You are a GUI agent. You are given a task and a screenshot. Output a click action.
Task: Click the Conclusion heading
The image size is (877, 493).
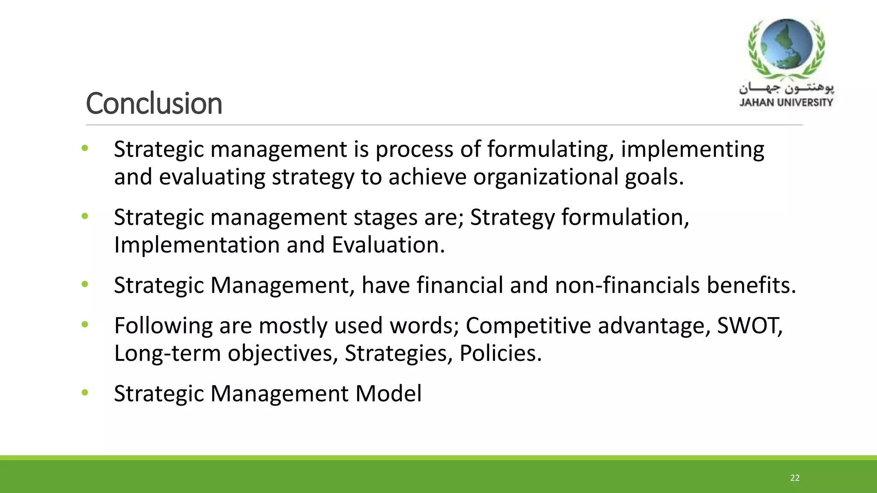pyautogui.click(x=154, y=104)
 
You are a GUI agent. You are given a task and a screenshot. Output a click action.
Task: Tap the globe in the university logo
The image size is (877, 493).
pyautogui.click(x=786, y=45)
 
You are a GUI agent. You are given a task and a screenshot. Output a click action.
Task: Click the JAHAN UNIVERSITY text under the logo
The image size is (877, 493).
pyautogui.click(x=786, y=102)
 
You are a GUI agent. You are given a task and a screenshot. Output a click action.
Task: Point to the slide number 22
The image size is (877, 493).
pyautogui.click(x=795, y=478)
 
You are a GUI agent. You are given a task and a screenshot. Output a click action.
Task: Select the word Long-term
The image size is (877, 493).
pyautogui.click(x=167, y=353)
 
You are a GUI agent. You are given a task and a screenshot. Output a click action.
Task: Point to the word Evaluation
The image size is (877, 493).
pyautogui.click(x=388, y=245)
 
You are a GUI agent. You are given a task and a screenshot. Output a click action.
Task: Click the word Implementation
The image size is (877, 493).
pyautogui.click(x=197, y=245)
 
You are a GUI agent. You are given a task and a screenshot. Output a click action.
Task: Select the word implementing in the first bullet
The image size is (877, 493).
pyautogui.click(x=692, y=150)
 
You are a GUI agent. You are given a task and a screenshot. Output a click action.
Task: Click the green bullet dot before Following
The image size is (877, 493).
pyautogui.click(x=85, y=324)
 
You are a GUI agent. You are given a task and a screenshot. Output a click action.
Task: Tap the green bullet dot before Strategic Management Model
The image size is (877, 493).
pyautogui.click(x=85, y=392)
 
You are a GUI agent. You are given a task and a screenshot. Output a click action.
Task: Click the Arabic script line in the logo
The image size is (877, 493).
pyautogui.click(x=786, y=88)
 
